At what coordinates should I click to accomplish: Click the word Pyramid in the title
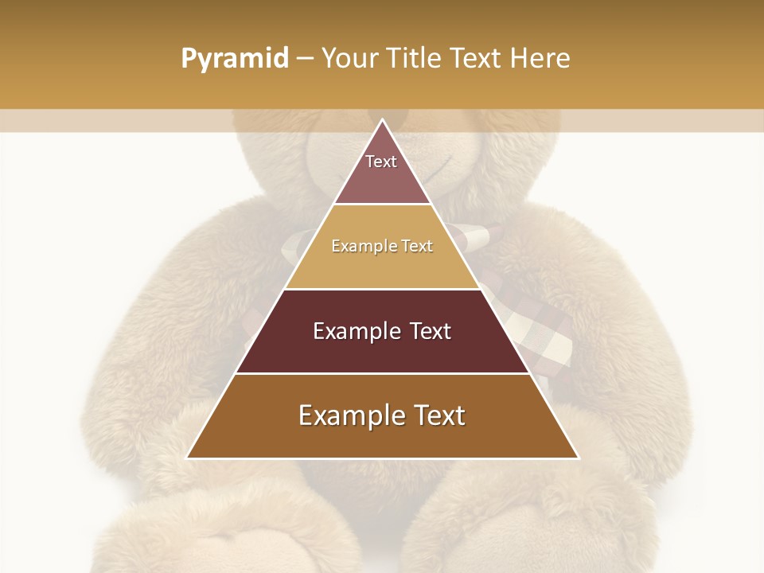click(234, 59)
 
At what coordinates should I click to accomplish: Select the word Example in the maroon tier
click(356, 331)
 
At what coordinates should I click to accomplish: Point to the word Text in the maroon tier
click(430, 331)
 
